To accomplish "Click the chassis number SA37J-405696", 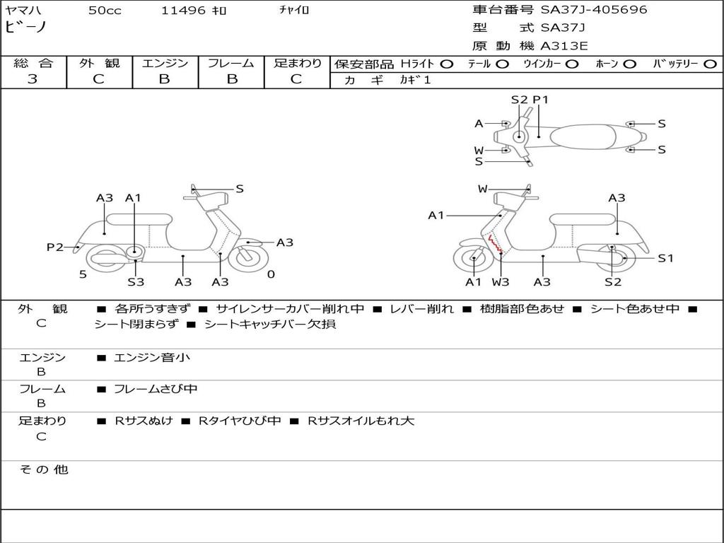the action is pyautogui.click(x=594, y=10).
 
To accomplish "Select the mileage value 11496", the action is pyautogui.click(x=183, y=11).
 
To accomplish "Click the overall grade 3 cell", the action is pyautogui.click(x=33, y=79).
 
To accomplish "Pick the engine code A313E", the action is pyautogui.click(x=564, y=47).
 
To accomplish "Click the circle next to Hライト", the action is pyautogui.click(x=447, y=64).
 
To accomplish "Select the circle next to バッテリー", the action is pyautogui.click(x=709, y=64).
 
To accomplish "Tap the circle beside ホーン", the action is pyautogui.click(x=630, y=64).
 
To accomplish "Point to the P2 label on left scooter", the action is pyautogui.click(x=54, y=247).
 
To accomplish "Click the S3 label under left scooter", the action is pyautogui.click(x=136, y=282).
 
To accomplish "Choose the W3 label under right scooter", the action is pyautogui.click(x=501, y=282).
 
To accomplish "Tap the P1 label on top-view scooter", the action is pyautogui.click(x=540, y=100).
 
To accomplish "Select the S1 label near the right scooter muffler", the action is pyautogui.click(x=665, y=258).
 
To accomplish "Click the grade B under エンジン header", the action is pyautogui.click(x=165, y=79).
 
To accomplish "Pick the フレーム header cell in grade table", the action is pyautogui.click(x=230, y=63).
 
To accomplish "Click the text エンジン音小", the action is pyautogui.click(x=152, y=358).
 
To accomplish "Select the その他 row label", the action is pyautogui.click(x=43, y=469).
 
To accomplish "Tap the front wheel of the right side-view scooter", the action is pyautogui.click(x=473, y=259).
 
